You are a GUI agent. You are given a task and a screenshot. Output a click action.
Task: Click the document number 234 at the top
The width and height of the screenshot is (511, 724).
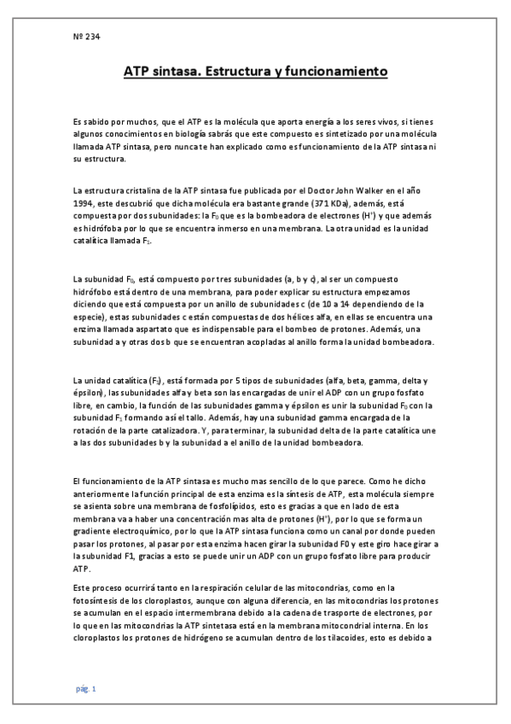coord(88,37)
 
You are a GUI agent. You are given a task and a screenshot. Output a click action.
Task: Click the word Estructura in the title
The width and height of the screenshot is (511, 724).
coord(241,73)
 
